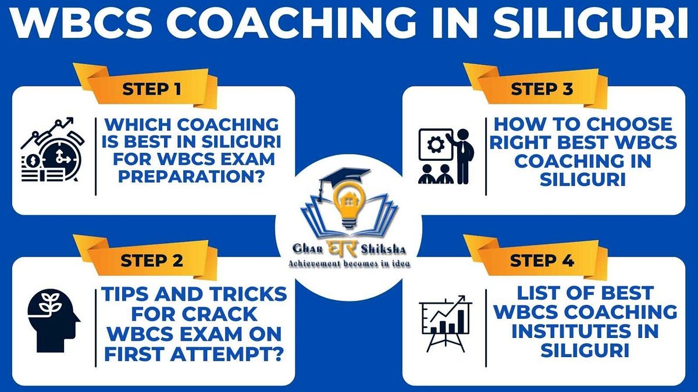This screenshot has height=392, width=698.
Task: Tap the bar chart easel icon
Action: [x=446, y=322]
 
